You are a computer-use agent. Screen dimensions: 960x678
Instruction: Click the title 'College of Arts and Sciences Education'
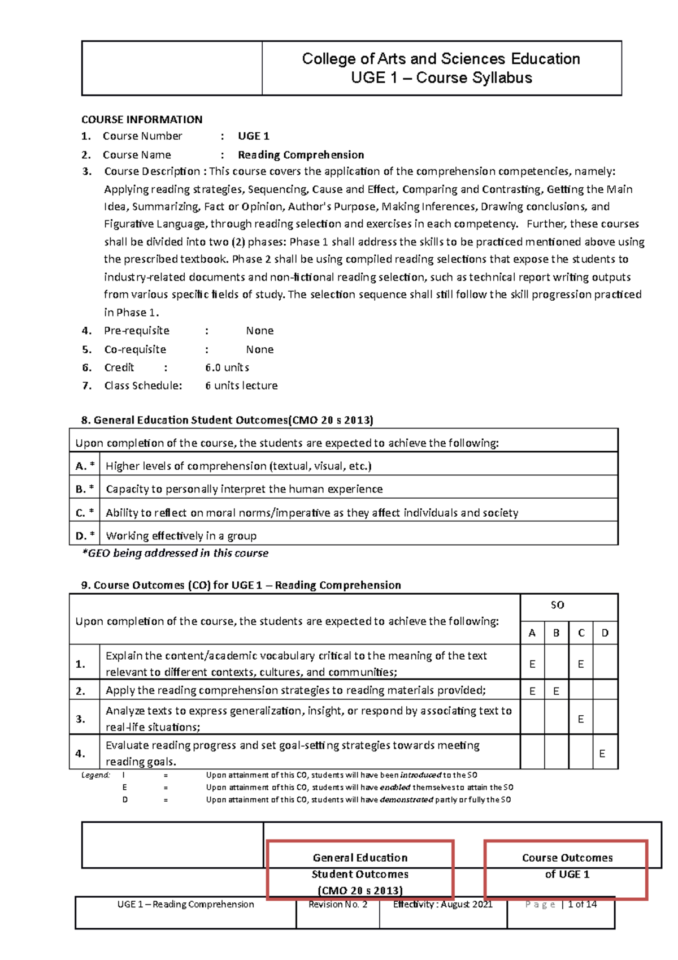(441, 59)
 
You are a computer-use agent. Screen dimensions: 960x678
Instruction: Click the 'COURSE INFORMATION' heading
(142, 119)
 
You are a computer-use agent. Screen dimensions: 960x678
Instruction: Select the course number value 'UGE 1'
(253, 136)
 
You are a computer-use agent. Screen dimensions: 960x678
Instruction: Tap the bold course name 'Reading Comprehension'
(301, 155)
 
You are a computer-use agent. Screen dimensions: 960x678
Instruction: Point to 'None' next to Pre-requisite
(259, 331)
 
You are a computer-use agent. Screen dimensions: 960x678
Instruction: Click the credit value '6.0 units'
(227, 367)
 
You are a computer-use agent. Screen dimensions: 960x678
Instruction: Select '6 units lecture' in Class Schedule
(241, 386)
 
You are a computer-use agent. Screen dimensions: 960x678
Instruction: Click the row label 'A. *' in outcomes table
(85, 466)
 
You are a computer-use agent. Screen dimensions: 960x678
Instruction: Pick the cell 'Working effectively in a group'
(181, 536)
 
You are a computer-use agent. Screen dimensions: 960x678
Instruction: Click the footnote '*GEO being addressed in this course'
(175, 553)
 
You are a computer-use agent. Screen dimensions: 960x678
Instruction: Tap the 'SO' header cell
(557, 605)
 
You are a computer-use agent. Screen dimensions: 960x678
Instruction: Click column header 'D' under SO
(605, 633)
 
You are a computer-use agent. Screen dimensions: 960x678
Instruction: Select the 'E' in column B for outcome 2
(557, 691)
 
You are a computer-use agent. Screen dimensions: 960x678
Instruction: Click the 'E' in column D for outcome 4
(602, 754)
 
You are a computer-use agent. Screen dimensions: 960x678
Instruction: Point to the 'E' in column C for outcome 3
(581, 719)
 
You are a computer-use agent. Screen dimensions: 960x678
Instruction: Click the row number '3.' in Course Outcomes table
(81, 719)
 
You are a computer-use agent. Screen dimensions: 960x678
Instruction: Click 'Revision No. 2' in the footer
(338, 905)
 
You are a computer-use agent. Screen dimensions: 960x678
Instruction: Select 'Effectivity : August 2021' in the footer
(443, 905)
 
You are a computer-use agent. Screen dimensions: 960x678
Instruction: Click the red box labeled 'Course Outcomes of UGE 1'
(566, 870)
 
